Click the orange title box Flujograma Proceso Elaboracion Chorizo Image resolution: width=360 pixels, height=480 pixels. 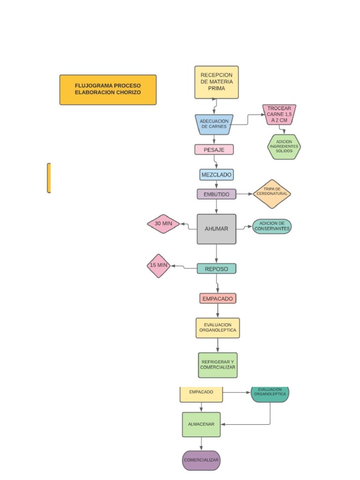pos(108,90)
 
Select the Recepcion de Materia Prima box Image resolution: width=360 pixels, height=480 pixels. pos(216,82)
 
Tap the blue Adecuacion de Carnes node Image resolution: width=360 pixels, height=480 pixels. pos(214,124)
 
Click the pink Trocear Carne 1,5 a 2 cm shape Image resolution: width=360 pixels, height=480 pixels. pos(279,114)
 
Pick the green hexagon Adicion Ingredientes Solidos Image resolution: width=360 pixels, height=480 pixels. pos(284,147)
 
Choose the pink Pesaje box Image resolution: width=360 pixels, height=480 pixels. pos(214,150)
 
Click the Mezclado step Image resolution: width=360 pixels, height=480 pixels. pos(216,175)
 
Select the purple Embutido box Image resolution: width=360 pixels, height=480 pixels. pos(216,194)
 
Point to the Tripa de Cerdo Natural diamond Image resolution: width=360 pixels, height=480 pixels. pos(272,194)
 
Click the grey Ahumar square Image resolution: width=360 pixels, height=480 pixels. pos(216,229)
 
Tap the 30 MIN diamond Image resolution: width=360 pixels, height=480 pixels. pos(163,224)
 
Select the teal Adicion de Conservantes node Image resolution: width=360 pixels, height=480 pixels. pos(272,226)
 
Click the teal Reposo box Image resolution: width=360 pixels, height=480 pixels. pos(216,269)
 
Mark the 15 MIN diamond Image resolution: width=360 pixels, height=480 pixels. pos(158,265)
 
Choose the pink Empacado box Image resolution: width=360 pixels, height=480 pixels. pos(217,298)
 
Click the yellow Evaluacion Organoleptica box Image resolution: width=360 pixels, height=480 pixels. pos(217,328)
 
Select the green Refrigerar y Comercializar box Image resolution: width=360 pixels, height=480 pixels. pos(217,365)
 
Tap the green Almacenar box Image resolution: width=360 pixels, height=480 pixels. pos(201,424)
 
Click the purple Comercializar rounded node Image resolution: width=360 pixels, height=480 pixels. pos(201,460)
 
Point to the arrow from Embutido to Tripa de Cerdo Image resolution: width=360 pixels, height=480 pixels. pos(244,194)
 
